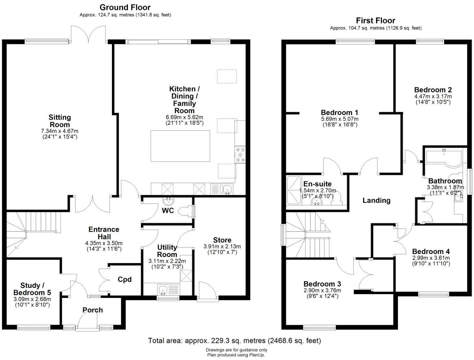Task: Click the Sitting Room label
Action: coord(59,121)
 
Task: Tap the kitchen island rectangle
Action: coord(180,146)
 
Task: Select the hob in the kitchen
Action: coord(240,154)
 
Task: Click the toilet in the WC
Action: coord(186,211)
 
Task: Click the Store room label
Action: coord(222,240)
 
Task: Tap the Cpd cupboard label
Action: coord(124,279)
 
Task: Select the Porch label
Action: coord(93,310)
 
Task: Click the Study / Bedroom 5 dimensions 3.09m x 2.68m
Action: coord(32,299)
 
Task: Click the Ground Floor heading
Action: coord(125,7)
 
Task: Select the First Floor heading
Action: coord(375,21)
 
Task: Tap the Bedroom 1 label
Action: coord(339,113)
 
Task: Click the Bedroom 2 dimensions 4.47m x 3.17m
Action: coord(433,97)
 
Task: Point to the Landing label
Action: coord(376,200)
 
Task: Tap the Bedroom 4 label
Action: coord(431,251)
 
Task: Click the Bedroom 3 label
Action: coord(322,284)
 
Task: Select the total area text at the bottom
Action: coord(234,340)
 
